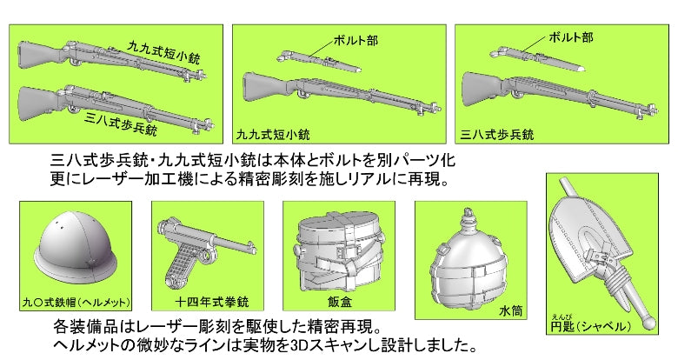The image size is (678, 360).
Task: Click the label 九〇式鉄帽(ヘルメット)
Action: click(76, 302)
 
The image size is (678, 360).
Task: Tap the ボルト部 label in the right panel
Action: click(571, 37)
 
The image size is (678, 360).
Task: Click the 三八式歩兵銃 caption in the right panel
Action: click(498, 135)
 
